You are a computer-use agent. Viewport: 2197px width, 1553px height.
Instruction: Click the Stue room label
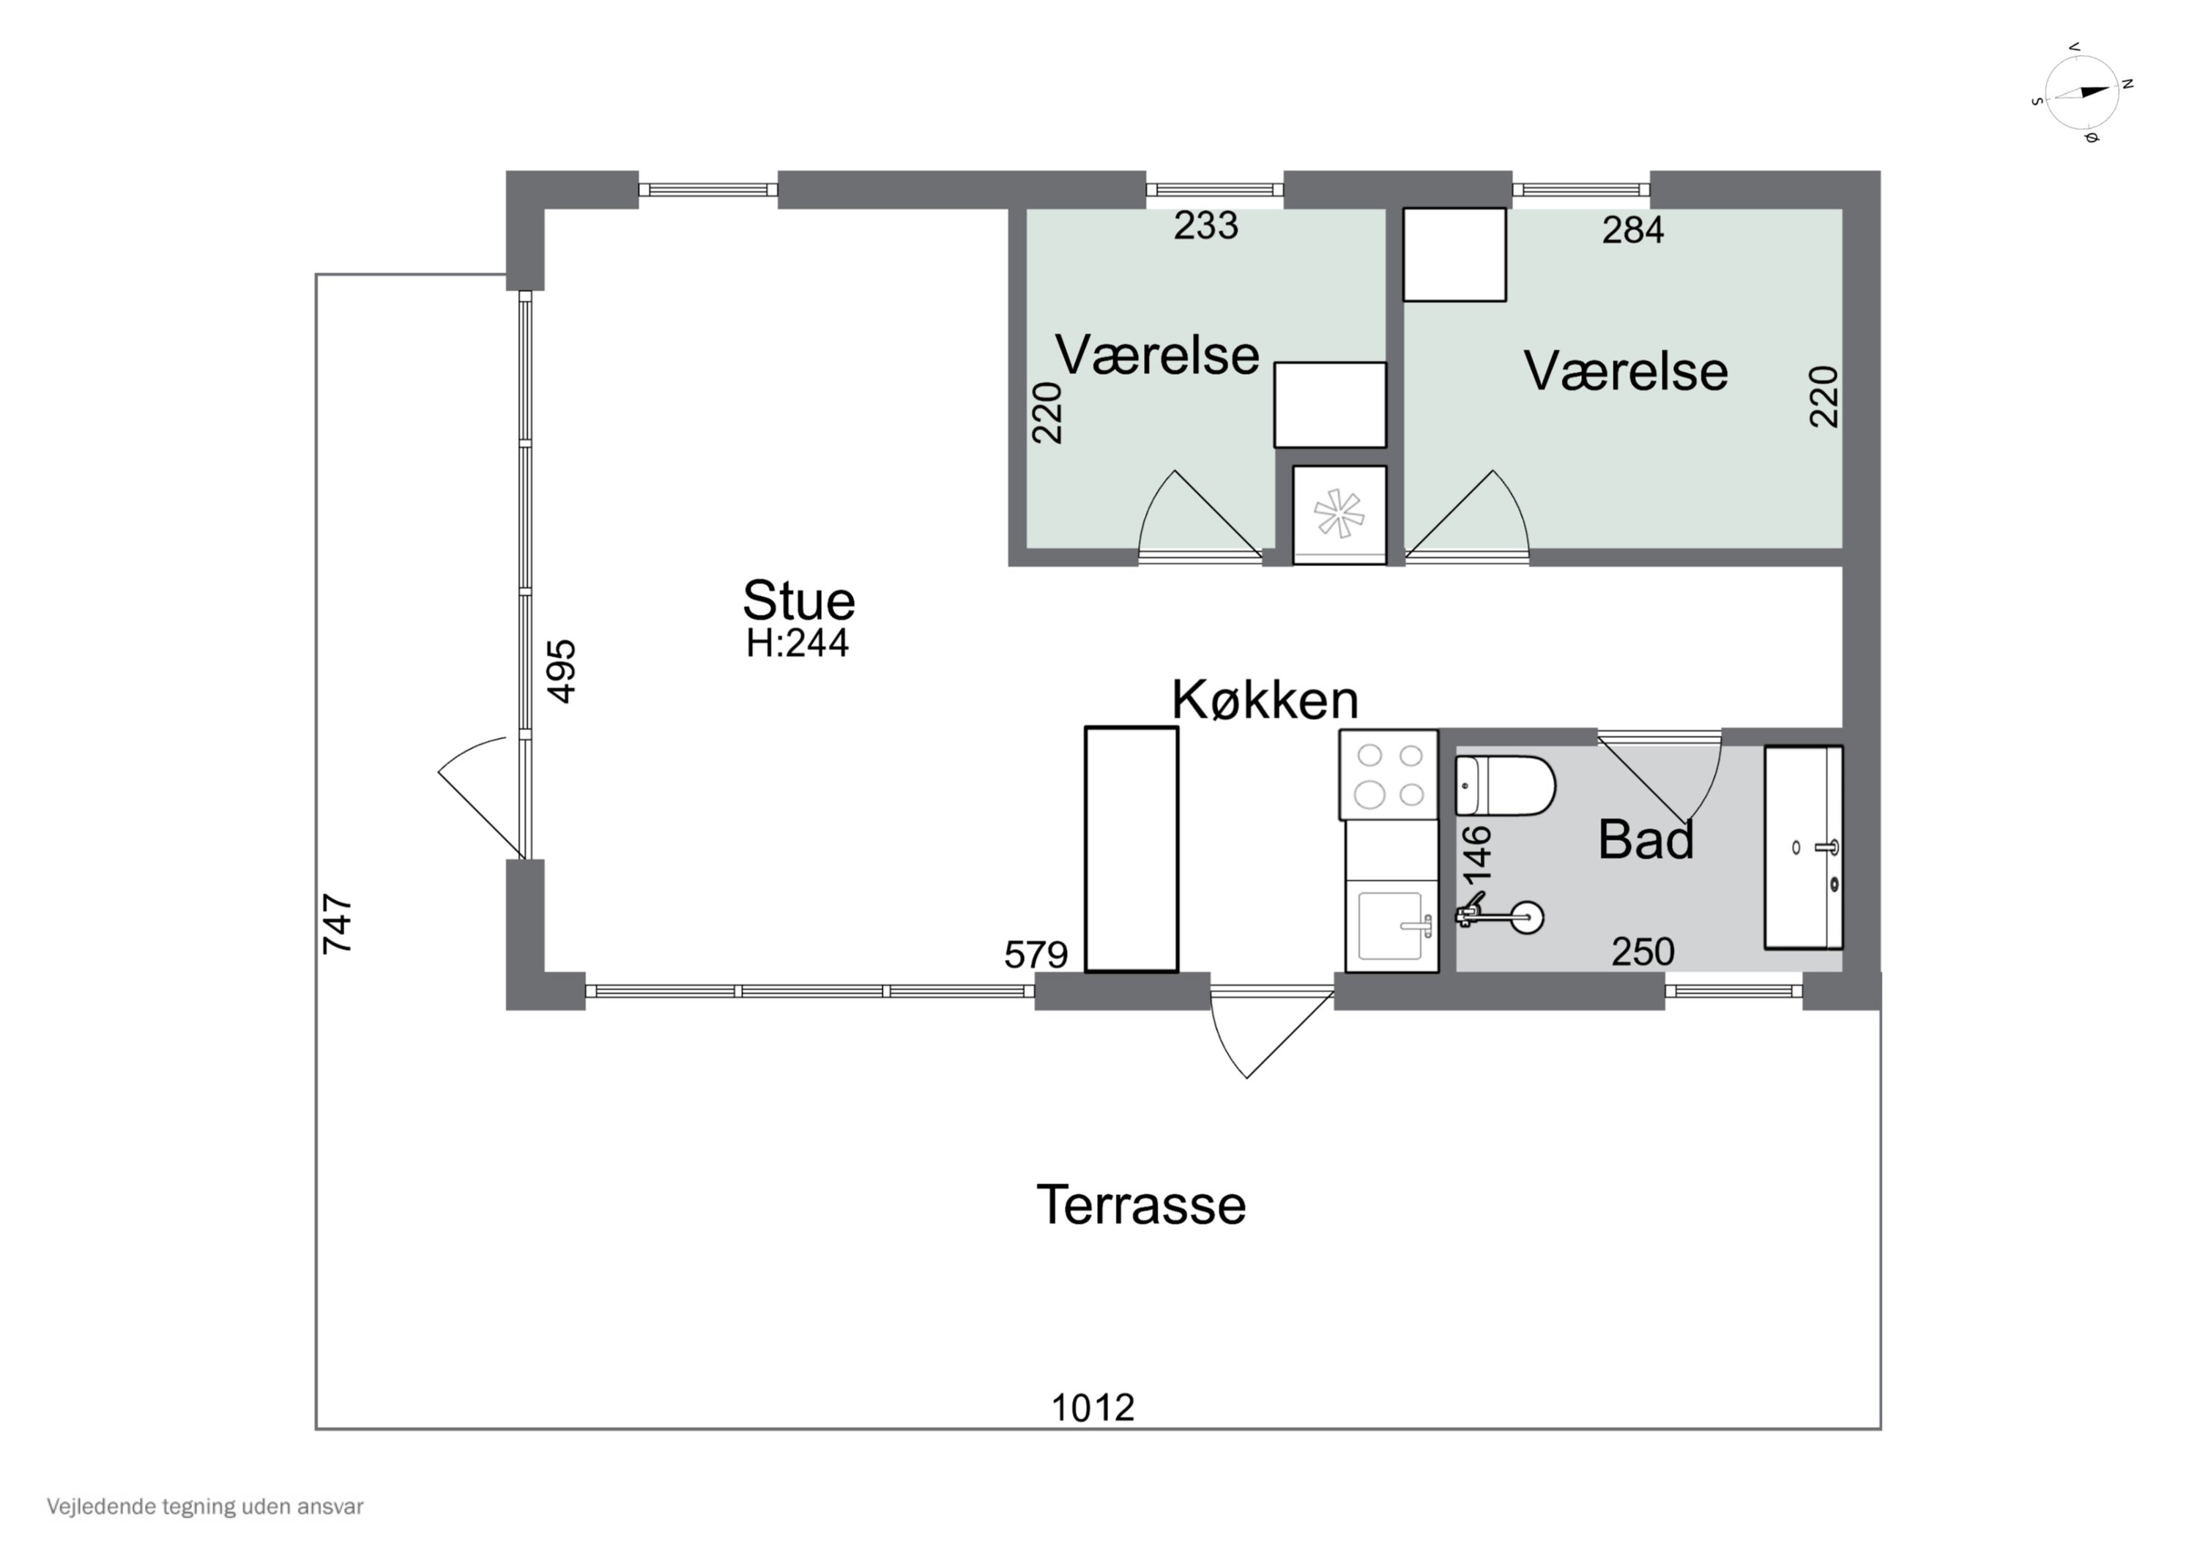click(798, 601)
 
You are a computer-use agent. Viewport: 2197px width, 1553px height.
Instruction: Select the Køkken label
click(1264, 701)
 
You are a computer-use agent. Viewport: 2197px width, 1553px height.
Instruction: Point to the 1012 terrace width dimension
click(1093, 1407)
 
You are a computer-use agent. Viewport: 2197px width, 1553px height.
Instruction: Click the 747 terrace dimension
click(338, 923)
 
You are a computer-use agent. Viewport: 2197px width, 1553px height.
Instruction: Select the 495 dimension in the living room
click(562, 671)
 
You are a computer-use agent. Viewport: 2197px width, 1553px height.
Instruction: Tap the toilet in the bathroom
click(1504, 786)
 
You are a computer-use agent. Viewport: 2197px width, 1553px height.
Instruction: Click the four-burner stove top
click(1389, 775)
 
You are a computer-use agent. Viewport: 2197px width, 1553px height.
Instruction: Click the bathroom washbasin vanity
click(1803, 848)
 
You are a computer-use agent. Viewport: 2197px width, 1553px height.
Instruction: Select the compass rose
click(2081, 93)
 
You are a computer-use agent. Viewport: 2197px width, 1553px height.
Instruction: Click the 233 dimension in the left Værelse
click(1205, 226)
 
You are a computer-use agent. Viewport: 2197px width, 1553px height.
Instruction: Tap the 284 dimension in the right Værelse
click(1633, 230)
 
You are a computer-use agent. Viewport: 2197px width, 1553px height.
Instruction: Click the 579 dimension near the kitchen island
click(1036, 954)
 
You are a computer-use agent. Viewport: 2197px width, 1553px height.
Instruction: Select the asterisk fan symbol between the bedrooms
click(1339, 514)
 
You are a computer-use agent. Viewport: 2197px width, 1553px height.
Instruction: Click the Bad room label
click(1646, 840)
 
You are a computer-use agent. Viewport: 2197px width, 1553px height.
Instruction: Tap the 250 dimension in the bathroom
click(1643, 952)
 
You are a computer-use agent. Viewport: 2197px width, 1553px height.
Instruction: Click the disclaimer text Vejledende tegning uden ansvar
click(205, 1507)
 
